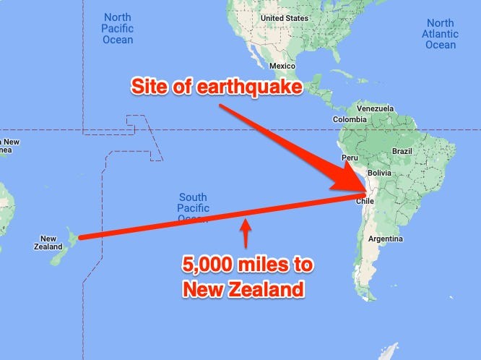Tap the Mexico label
click(x=282, y=65)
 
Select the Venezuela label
click(x=376, y=108)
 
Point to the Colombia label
click(x=350, y=119)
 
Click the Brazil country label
click(x=402, y=151)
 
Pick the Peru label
click(x=350, y=157)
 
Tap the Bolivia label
click(x=378, y=174)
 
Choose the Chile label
click(x=365, y=202)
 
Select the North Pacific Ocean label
click(x=118, y=28)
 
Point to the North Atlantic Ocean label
click(x=441, y=34)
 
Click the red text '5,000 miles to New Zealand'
click(x=248, y=278)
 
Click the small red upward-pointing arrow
click(x=246, y=233)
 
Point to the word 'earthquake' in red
click(x=258, y=87)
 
